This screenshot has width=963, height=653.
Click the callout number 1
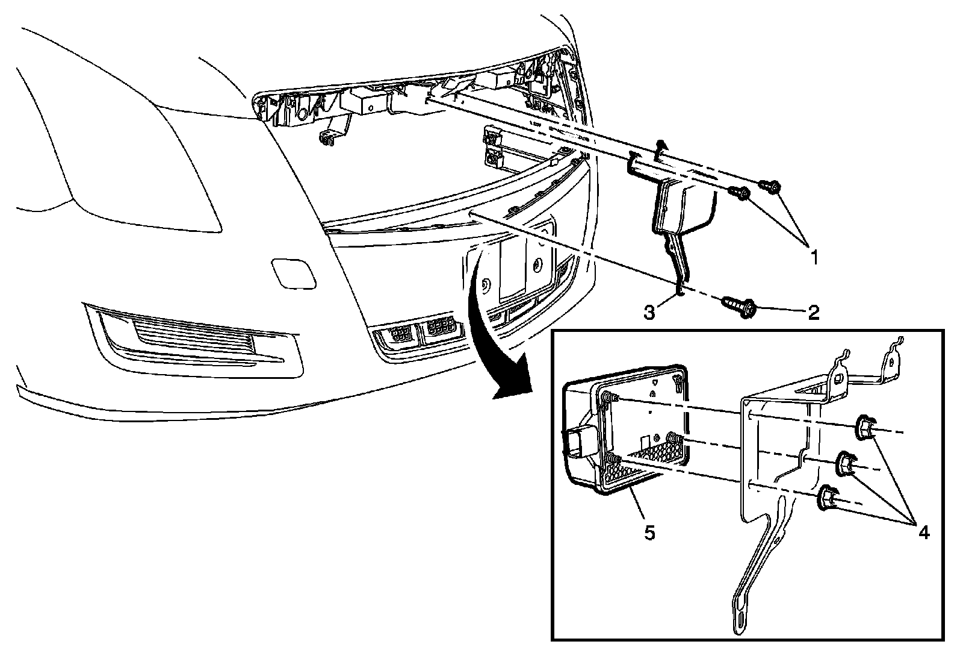[x=814, y=258]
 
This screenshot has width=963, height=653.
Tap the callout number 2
[x=813, y=312]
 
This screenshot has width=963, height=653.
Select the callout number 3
[x=649, y=312]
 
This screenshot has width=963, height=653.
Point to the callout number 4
[x=922, y=532]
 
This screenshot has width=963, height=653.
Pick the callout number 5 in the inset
[x=648, y=533]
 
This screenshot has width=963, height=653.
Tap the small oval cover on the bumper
[x=293, y=272]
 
